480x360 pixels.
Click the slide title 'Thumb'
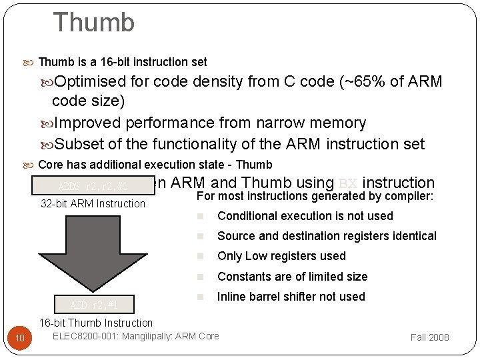click(x=93, y=23)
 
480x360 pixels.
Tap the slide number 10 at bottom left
click(x=20, y=339)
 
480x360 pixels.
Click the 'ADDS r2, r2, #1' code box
click(x=93, y=186)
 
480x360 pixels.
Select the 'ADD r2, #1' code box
click(x=94, y=305)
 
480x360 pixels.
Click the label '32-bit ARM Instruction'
click(x=93, y=203)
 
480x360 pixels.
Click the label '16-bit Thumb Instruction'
click(x=95, y=323)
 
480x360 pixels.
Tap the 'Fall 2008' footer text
click(x=429, y=337)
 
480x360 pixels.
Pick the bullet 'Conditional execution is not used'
click(x=305, y=216)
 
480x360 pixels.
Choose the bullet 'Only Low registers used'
click(x=281, y=256)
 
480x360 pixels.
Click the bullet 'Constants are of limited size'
click(x=292, y=277)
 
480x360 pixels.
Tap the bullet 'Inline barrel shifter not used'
click(x=291, y=297)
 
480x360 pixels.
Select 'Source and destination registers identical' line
click(x=327, y=236)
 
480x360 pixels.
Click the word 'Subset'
click(x=77, y=144)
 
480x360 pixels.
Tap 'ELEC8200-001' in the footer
click(x=85, y=336)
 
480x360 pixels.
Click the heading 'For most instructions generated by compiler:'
click(x=315, y=196)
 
